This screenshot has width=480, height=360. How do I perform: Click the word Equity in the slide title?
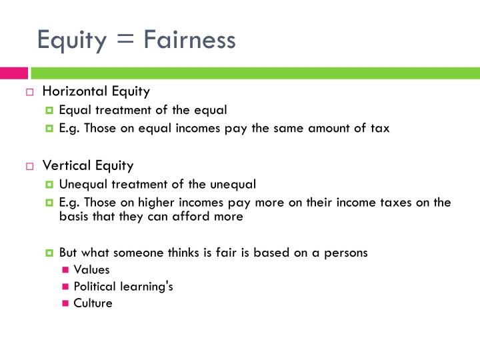(x=72, y=40)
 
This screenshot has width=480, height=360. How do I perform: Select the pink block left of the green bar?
(x=13, y=73)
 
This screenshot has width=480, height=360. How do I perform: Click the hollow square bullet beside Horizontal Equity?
(x=30, y=92)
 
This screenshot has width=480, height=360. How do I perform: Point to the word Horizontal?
(x=72, y=91)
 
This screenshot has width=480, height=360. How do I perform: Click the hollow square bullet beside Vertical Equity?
(x=30, y=167)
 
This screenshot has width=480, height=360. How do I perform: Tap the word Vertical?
(x=64, y=165)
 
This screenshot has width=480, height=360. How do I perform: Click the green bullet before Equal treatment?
(x=50, y=111)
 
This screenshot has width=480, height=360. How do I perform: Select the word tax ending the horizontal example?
(x=380, y=129)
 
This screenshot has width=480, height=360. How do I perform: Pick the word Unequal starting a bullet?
(x=81, y=184)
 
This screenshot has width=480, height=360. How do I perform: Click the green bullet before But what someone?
(x=50, y=253)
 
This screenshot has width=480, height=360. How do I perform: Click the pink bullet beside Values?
(x=65, y=270)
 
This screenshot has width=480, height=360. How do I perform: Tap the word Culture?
(x=93, y=303)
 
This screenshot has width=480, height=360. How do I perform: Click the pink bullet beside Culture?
(x=65, y=303)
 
